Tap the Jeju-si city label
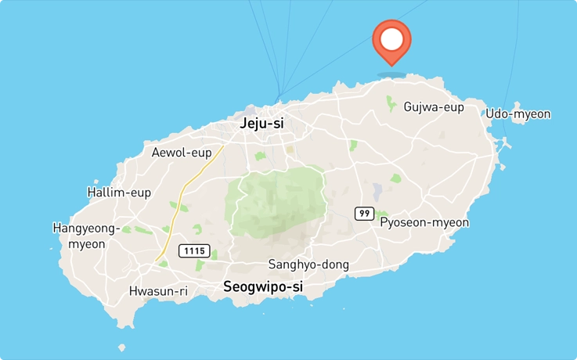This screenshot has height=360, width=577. coord(261,123)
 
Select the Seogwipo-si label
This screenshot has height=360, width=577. coord(263,286)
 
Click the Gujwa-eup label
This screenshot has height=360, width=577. coord(434,106)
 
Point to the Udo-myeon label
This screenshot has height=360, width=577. coord(517,114)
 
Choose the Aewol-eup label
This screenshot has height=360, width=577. coord(182,152)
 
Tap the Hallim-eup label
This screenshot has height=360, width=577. coord(120,192)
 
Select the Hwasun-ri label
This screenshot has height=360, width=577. coord(158,291)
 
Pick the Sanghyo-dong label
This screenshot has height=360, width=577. coord(308,265)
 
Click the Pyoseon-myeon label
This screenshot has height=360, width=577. coord(424,222)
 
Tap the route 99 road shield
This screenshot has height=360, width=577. coord(363,213)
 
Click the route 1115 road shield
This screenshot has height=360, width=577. coord(194,250)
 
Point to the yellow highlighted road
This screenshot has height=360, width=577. coord(182,203)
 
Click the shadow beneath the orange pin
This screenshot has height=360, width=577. coord(391,75)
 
